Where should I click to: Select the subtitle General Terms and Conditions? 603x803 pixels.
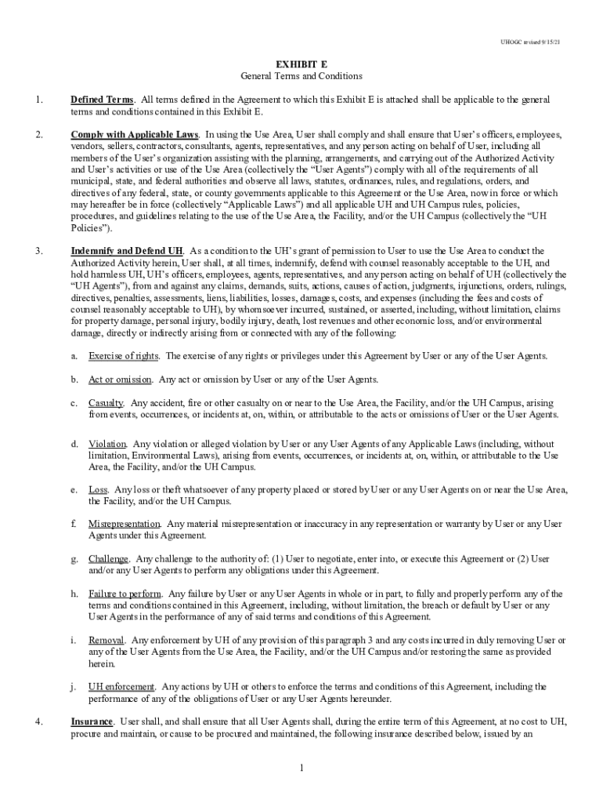point(301,76)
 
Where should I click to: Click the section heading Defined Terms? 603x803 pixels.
point(102,100)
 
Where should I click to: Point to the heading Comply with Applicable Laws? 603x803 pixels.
point(135,135)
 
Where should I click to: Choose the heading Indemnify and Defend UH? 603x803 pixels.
point(128,251)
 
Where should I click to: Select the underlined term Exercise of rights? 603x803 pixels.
point(125,356)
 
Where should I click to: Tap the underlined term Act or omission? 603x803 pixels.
point(121,380)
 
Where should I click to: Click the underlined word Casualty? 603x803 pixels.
point(107,403)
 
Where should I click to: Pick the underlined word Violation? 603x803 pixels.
point(108,444)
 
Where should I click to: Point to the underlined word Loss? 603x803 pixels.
point(98,490)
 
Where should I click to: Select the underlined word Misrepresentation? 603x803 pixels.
point(125,524)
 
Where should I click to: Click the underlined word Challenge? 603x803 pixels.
point(109,559)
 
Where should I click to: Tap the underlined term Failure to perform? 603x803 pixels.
point(125,594)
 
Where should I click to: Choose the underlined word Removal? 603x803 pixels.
point(107,640)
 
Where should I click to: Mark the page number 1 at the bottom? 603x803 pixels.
point(301,767)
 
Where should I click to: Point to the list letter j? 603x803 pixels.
point(74,687)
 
